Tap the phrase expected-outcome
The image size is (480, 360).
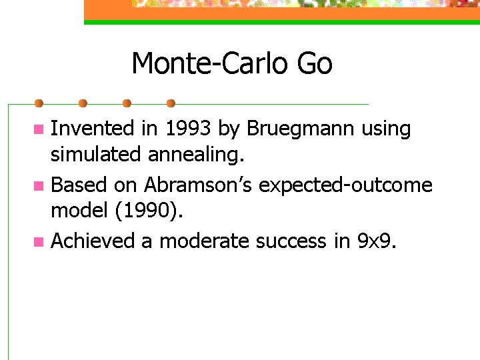pyautogui.click(x=345, y=184)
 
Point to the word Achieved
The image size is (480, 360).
pyautogui.click(x=93, y=240)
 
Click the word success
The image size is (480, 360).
pyautogui.click(x=292, y=240)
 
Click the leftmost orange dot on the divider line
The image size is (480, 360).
pyautogui.click(x=39, y=103)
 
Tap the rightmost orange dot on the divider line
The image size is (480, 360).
pyautogui.click(x=171, y=103)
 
